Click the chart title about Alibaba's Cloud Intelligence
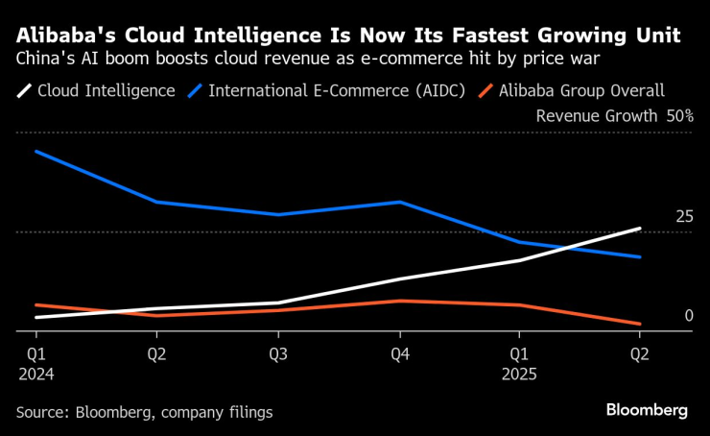tap(348, 36)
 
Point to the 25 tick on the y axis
tap(683, 217)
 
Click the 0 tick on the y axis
tap(688, 316)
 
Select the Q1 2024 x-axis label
tap(35, 363)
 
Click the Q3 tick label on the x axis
tap(278, 353)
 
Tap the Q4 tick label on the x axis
tap(400, 353)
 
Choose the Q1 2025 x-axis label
tap(519, 363)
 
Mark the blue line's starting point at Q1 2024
tap(35, 152)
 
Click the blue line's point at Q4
tap(400, 202)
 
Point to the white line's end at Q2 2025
tap(640, 229)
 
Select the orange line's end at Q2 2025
tap(640, 324)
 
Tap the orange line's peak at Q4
tap(400, 301)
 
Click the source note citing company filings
tap(144, 412)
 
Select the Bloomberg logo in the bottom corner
tap(646, 410)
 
